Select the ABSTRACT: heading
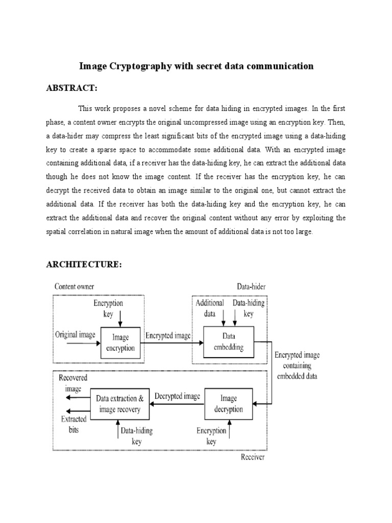[71, 88]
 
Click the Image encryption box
[120, 343]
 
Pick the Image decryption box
[228, 403]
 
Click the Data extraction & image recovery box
[116, 403]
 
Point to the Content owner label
[74, 287]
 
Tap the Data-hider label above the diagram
[251, 287]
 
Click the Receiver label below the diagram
[252, 457]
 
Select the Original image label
[75, 335]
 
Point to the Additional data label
[210, 308]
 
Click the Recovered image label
[73, 383]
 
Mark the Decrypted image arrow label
[177, 395]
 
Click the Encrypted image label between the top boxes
[168, 336]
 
